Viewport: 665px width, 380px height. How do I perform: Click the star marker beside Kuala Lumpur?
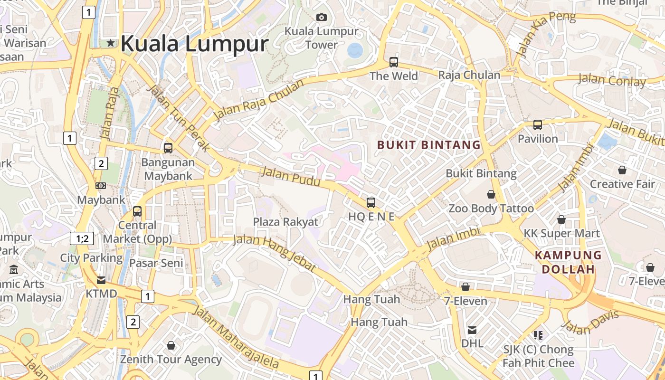[111, 43]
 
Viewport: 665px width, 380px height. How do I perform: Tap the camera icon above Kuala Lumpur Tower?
[322, 18]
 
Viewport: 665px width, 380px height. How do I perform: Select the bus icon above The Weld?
[394, 62]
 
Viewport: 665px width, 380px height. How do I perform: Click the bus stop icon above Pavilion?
[538, 125]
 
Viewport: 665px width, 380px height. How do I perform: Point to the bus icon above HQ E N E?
[371, 203]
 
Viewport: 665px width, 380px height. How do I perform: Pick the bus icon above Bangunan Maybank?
[168, 148]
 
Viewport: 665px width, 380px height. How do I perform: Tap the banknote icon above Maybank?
[101, 186]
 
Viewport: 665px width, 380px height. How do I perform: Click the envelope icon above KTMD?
[101, 280]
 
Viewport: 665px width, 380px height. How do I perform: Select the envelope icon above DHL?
[472, 330]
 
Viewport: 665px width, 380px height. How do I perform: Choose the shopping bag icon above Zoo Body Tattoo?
[491, 194]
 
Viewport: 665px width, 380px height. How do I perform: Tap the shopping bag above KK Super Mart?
[561, 219]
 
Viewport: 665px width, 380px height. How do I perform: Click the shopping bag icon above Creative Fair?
[622, 170]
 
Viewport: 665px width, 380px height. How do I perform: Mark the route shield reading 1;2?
[82, 238]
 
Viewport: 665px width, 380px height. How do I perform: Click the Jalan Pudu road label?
[291, 177]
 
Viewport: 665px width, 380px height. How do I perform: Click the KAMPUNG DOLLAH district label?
[568, 262]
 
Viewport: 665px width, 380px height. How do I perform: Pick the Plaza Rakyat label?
[285, 222]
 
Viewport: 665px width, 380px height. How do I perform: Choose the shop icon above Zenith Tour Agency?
[171, 345]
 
